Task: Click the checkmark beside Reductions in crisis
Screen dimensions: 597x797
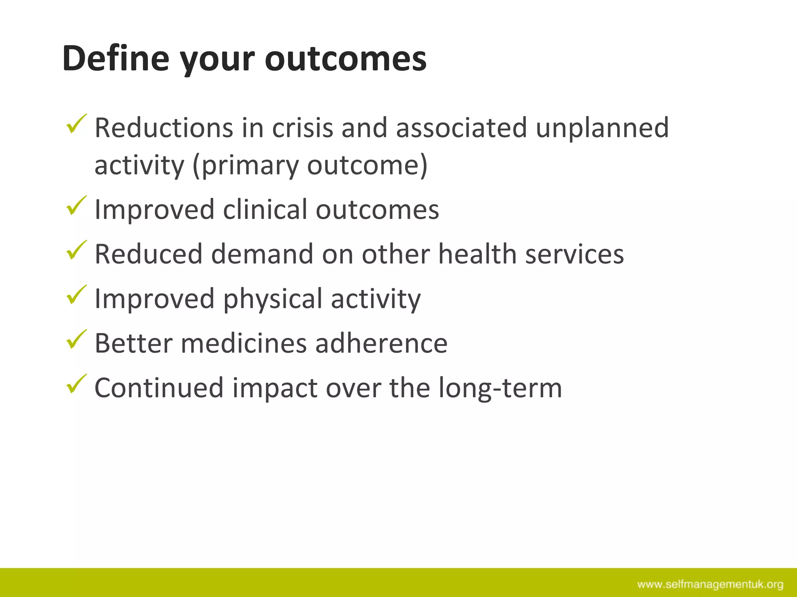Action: click(76, 124)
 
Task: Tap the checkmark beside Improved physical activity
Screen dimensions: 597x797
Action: click(76, 295)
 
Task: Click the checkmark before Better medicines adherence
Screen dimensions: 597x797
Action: click(76, 340)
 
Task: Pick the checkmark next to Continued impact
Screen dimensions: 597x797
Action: click(76, 384)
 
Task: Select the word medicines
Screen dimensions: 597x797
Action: click(244, 344)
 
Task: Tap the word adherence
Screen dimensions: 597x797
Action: click(381, 344)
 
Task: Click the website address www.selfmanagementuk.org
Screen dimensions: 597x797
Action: click(710, 584)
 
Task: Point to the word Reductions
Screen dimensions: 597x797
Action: click(164, 128)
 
